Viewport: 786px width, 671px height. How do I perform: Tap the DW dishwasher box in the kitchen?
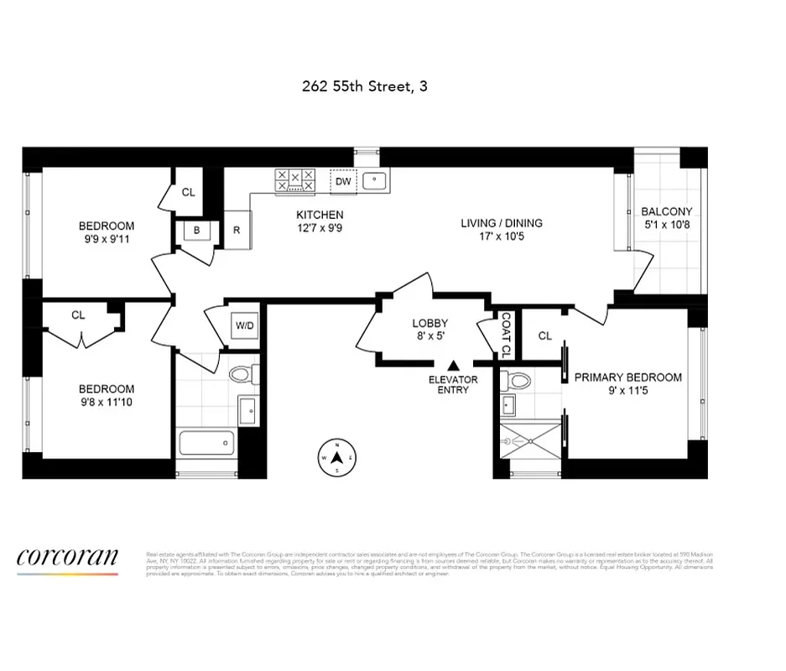(x=343, y=181)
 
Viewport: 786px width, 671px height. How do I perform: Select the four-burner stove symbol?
(x=294, y=179)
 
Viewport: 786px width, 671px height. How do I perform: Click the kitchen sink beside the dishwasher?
(x=374, y=180)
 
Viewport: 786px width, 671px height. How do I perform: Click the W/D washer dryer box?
(x=245, y=325)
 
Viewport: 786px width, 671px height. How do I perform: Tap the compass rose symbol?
(x=336, y=457)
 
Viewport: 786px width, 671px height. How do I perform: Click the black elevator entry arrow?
(x=454, y=366)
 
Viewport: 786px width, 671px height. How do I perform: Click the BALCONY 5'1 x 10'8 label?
(x=666, y=218)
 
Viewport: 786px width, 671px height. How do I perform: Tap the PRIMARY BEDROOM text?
(x=627, y=377)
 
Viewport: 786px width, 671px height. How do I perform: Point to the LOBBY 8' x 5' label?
(x=429, y=330)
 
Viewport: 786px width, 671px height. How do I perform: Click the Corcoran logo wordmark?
(x=67, y=557)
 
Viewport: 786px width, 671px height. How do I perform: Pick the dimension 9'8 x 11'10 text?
(x=107, y=402)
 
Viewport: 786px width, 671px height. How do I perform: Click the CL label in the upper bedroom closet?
(x=189, y=192)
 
